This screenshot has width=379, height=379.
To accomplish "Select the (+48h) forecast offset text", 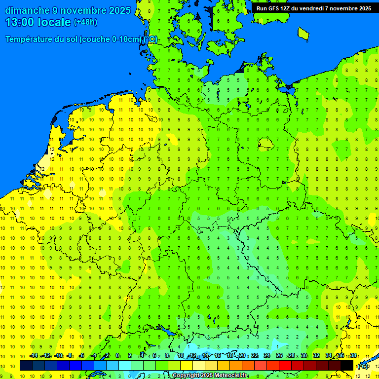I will [85, 22].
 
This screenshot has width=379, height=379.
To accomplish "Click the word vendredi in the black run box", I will [312, 8].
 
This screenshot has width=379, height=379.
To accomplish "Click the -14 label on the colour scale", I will [34, 356].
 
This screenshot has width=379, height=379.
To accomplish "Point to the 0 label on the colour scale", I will [117, 356].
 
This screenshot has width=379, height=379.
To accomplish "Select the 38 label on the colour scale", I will [353, 356].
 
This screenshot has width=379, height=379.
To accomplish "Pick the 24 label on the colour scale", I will [267, 356].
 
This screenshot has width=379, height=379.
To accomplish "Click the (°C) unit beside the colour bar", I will [362, 366].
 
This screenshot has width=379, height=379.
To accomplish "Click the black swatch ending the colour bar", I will [347, 365].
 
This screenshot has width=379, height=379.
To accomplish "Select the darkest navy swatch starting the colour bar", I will [26, 365].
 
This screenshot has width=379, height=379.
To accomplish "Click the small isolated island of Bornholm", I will [303, 33].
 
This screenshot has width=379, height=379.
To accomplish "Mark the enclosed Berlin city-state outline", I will [266, 143].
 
